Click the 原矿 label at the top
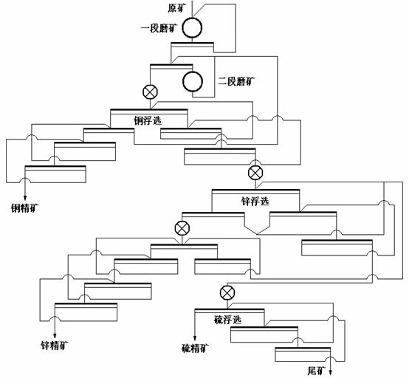175,8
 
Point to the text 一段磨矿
159,28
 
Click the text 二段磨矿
236,82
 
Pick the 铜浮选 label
148,120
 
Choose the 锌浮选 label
255,201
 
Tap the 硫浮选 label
227,319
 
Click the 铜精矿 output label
24,208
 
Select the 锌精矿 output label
55,346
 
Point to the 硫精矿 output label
195,348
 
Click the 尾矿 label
317,371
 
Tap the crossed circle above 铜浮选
151,92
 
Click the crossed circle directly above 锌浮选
255,173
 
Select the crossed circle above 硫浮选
227,292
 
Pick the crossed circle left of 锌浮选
182,228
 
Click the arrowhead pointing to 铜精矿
25,198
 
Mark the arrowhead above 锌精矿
55,336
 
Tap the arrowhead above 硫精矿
195,339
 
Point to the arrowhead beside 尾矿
330,372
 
